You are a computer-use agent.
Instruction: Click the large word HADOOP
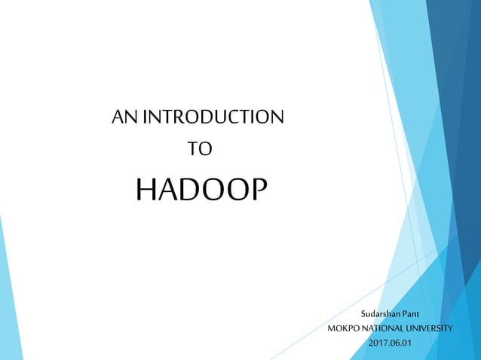pyautogui.click(x=201, y=191)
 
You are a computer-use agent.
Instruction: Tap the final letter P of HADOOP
pyautogui.click(x=257, y=191)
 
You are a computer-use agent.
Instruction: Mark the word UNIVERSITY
pyautogui.click(x=430, y=328)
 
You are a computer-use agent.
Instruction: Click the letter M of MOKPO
pyautogui.click(x=331, y=328)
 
